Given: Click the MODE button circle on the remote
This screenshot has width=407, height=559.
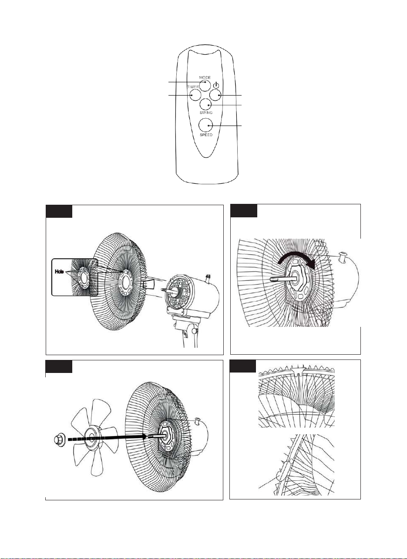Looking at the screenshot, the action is (205, 85).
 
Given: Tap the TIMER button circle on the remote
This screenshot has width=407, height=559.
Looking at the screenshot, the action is (195, 95).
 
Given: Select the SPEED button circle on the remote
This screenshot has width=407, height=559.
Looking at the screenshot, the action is (205, 125).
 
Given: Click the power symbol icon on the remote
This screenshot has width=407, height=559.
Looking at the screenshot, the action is (216, 85).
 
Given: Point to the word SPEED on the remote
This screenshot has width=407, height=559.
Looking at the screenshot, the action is (206, 135).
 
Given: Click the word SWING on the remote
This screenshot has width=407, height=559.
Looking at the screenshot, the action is (206, 113).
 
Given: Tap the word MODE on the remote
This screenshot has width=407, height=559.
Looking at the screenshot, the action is (205, 78).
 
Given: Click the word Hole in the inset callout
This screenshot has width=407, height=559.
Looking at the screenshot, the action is (59, 272).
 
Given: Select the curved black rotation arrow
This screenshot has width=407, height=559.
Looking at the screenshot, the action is (299, 260).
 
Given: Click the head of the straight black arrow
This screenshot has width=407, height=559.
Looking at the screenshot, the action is (144, 436).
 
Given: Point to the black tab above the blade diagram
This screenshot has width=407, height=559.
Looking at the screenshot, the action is (59, 366).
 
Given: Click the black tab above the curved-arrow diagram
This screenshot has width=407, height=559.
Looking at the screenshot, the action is (244, 211).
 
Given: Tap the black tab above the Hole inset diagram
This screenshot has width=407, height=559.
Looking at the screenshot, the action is (59, 211).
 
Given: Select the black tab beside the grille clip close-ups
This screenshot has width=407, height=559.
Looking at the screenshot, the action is (242, 366).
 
